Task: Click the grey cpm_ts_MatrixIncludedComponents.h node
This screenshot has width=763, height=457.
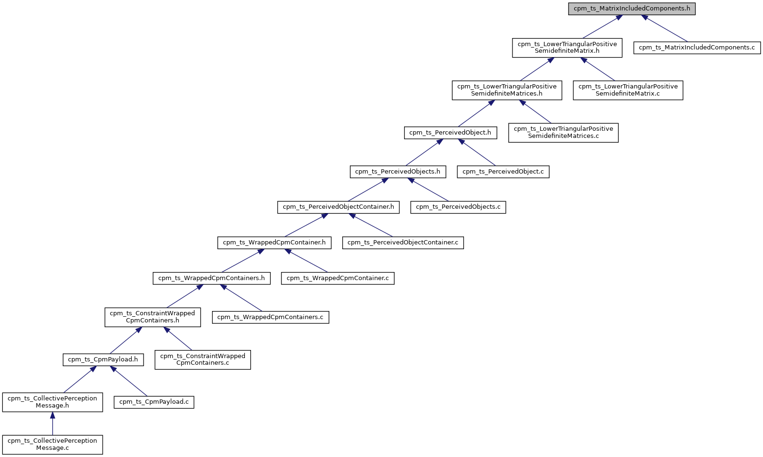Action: pos(632,9)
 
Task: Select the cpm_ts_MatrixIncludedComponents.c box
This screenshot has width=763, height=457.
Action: pos(697,48)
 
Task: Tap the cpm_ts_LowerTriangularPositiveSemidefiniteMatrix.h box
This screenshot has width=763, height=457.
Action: pos(567,48)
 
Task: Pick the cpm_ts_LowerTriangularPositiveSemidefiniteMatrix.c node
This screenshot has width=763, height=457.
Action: pos(628,90)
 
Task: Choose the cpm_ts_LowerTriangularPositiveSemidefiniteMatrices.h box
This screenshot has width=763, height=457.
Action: pos(507,90)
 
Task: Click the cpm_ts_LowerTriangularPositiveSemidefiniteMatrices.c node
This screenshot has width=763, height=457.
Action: pos(563,132)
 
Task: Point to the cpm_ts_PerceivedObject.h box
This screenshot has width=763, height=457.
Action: pos(450,133)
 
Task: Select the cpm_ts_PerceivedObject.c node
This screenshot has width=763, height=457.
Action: pos(503,172)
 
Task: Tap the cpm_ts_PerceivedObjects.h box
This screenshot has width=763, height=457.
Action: pos(398,172)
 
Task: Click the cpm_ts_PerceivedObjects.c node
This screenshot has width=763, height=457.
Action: pos(458,207)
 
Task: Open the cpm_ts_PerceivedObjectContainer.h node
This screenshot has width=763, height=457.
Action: pos(338,207)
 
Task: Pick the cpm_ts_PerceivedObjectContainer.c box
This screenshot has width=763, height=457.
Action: pos(403,243)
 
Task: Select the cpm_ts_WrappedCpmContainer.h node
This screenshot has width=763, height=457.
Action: pos(274,243)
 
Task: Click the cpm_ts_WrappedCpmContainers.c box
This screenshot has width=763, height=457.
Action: pos(270,317)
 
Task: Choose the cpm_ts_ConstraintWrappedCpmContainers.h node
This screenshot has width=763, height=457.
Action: pos(153,317)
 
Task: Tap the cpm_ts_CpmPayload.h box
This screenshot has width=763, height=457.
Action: pos(103,360)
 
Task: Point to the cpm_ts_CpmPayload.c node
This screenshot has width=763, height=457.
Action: pos(154,402)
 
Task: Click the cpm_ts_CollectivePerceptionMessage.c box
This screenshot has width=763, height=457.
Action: pos(52,444)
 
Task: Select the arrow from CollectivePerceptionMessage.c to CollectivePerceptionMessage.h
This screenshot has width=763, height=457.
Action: pos(52,423)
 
